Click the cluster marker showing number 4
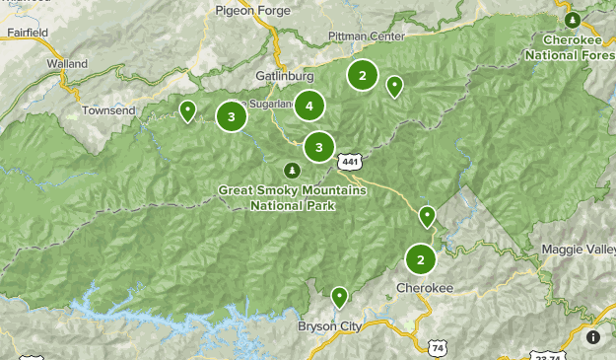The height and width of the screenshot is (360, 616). pos(309,106)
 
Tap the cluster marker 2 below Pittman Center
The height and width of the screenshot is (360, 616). pos(363,74)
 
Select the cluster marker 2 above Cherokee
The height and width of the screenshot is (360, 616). pos(421,259)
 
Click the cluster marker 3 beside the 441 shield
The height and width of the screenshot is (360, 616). pos(318,147)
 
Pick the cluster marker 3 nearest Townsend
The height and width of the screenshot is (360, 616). pos(231,116)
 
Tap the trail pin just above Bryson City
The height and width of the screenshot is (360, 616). pos(339,296)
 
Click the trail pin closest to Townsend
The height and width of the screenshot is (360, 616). pos(187,110)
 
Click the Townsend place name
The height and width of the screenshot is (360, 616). pos(108,110)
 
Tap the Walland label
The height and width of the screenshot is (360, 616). pos(67,64)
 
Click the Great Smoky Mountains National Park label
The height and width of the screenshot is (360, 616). pos(293,197)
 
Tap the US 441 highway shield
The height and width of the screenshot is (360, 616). pos(349,160)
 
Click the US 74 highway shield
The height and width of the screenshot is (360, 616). pos(438,347)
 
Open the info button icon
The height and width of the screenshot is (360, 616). pos(592,337)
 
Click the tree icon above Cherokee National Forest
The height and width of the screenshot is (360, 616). pos(573,20)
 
